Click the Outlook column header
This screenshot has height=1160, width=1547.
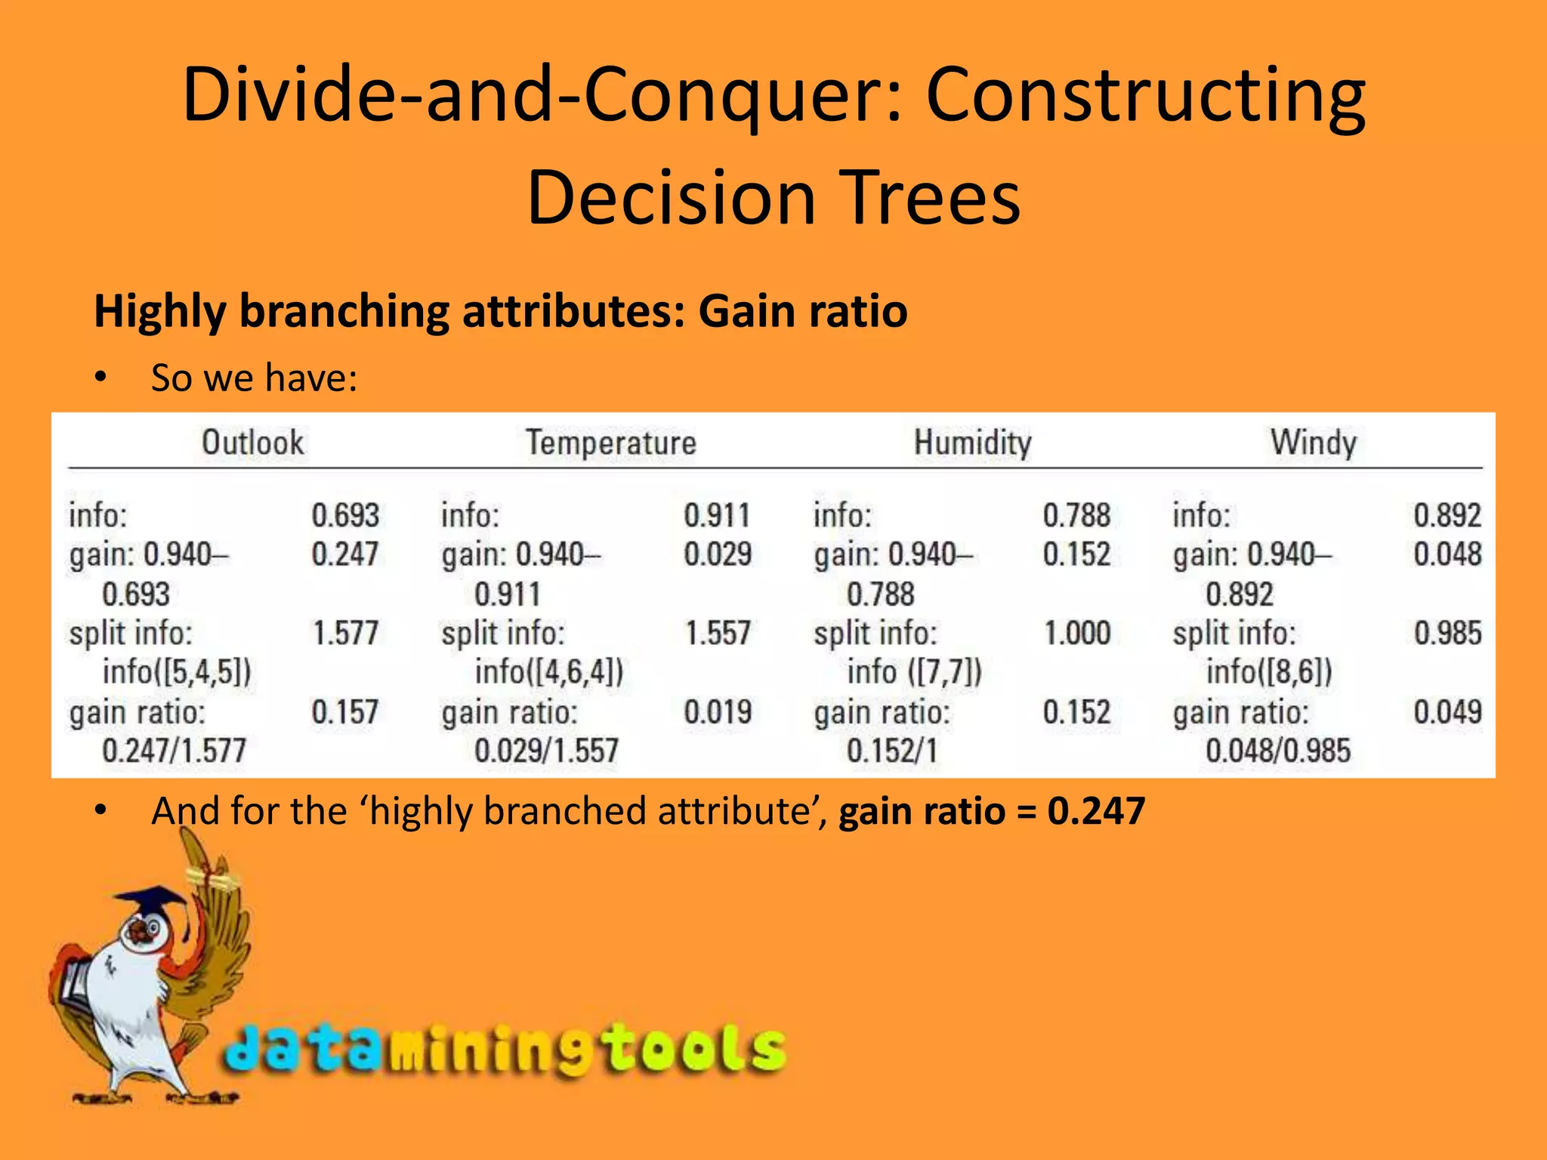pos(252,443)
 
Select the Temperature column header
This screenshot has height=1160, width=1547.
pos(610,443)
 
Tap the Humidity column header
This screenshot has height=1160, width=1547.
pos(972,443)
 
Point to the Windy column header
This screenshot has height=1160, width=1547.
pos(1313,443)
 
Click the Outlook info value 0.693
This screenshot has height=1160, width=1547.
pos(345,516)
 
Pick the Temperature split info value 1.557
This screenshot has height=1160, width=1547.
pos(718,633)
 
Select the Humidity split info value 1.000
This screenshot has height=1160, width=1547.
pos(1076,633)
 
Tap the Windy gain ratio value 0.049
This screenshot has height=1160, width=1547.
pos(1447,712)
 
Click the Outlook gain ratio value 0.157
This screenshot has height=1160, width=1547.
pos(345,712)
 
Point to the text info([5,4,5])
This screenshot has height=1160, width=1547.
pos(177,672)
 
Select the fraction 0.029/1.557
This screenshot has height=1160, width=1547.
pos(546,751)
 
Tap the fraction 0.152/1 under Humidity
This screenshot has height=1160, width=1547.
pos(891,751)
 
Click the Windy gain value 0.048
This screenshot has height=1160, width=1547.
pos(1447,554)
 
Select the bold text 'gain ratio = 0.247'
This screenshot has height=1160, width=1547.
pos(991,811)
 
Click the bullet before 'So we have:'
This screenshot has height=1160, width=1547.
pos(101,378)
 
